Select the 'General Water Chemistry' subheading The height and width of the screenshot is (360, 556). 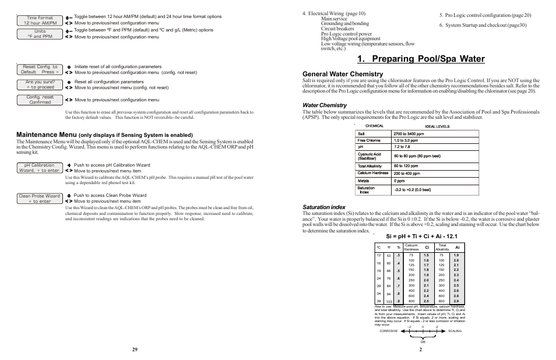pyautogui.click(x=343, y=74)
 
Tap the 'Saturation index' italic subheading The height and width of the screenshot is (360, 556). pyautogui.click(x=323, y=207)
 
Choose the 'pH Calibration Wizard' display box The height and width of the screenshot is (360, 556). pyautogui.click(x=40, y=168)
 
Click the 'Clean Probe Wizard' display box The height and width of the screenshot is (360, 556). pyautogui.click(x=40, y=199)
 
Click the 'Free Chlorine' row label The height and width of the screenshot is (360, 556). pyautogui.click(x=369, y=140)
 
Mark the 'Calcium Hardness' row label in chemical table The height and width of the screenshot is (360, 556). pyautogui.click(x=373, y=173)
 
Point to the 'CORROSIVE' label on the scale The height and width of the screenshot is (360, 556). pyautogui.click(x=388, y=330)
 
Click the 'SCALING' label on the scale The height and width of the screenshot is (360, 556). pyautogui.click(x=455, y=330)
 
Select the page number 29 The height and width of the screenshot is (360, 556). pyautogui.click(x=135, y=349)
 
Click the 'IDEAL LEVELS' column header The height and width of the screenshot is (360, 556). pyautogui.click(x=437, y=126)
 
